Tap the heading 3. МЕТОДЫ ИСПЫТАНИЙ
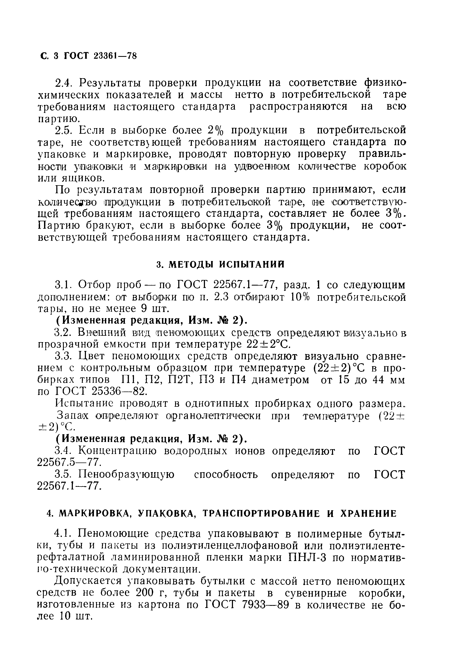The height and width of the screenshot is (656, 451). (220, 264)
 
